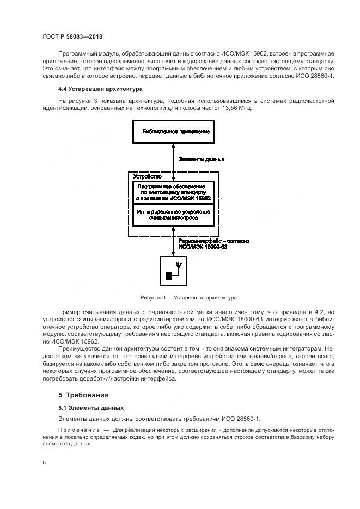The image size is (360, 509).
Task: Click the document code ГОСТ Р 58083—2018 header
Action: point(72,36)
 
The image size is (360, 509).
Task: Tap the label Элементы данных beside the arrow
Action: point(201,159)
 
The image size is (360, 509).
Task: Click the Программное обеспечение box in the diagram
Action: point(174,192)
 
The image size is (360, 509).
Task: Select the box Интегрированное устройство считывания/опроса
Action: point(174,214)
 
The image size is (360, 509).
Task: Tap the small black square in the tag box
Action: point(169,275)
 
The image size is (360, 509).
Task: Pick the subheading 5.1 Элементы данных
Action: point(91,407)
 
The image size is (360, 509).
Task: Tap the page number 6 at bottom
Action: point(44,462)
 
